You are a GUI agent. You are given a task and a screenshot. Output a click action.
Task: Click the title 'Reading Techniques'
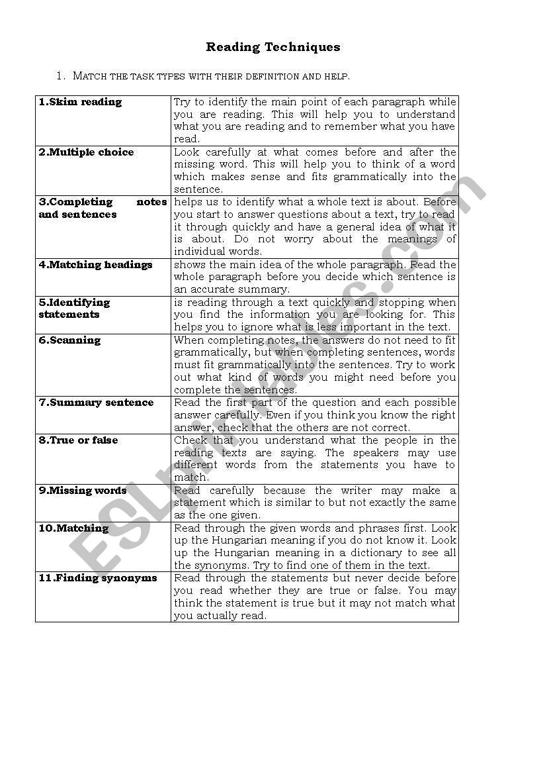pos(272,47)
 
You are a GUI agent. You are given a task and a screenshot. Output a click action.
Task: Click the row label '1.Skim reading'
pos(80,102)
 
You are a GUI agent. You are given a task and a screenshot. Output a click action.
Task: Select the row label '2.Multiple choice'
pos(86,152)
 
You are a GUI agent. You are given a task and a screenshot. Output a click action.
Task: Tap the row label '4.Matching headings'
pos(95,265)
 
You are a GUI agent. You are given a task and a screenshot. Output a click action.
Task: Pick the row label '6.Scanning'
pos(69,340)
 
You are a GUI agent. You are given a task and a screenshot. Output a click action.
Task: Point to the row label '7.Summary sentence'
pos(96,403)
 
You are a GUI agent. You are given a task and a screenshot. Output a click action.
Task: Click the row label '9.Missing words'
pos(82,491)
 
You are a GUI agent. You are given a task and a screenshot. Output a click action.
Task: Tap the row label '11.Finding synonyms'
pos(98,578)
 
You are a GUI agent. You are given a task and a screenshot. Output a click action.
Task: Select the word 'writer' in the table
pos(357,491)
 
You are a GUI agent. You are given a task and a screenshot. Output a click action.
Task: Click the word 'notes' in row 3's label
pos(151,202)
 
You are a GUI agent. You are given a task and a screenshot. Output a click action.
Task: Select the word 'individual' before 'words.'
pos(198,252)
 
